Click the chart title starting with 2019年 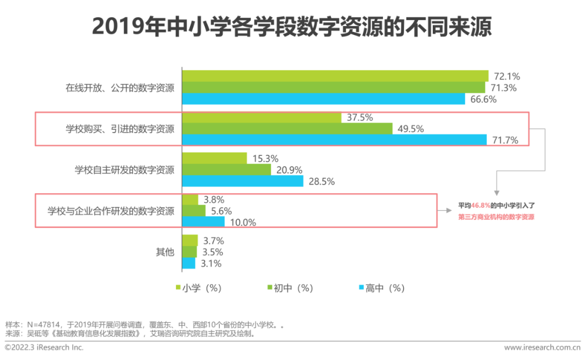292,27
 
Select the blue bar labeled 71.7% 334,140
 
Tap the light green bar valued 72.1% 335,76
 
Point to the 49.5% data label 411,129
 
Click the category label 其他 165,252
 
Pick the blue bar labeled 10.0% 203,222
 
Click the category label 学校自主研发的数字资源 125,170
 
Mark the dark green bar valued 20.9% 226,170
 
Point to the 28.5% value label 321,181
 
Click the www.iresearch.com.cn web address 542,348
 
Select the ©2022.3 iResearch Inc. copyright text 44,347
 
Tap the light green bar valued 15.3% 214,159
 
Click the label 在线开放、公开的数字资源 120,88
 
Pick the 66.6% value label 483,99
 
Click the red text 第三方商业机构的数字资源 496,217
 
